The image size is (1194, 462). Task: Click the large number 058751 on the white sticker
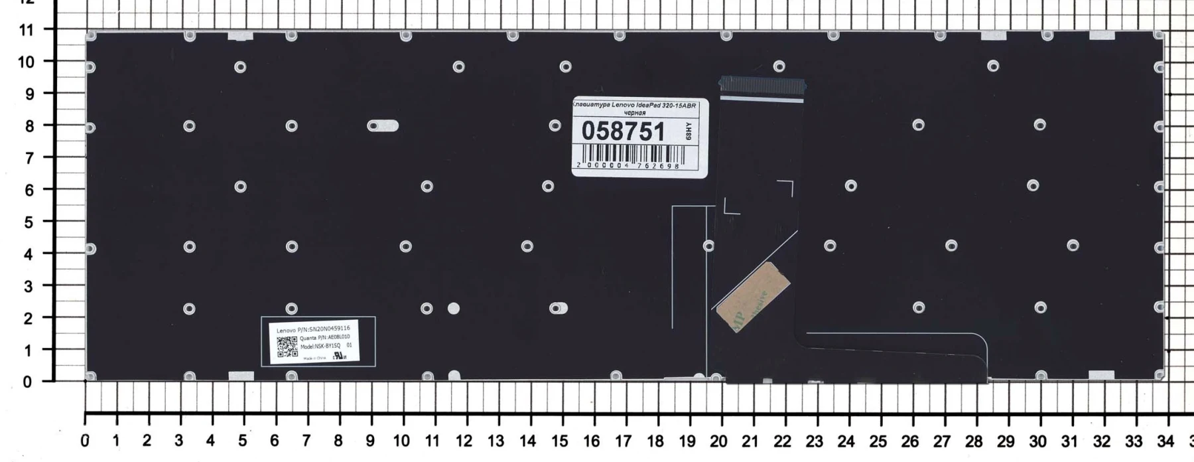coord(623,131)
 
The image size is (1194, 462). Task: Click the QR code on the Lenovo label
coord(287,346)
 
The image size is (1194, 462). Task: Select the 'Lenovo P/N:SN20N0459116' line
coord(313,329)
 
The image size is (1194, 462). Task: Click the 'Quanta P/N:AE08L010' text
coord(324,338)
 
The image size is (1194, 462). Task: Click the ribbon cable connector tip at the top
coord(762,84)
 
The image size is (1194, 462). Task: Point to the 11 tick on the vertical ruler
coord(27,30)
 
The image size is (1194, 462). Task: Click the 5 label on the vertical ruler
coord(29,222)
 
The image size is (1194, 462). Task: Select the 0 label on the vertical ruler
coord(27,382)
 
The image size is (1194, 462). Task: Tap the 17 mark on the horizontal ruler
coord(623,441)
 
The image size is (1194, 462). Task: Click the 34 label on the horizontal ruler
coord(1165,441)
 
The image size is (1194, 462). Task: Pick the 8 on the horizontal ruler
coord(338,441)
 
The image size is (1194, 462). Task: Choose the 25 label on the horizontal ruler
coord(878,441)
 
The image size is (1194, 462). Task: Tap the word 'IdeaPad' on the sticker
coord(643,106)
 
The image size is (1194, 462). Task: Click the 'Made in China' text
coord(315,358)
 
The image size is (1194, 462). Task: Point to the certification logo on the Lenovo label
coord(339,356)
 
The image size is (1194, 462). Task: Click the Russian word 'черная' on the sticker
coord(635,113)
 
